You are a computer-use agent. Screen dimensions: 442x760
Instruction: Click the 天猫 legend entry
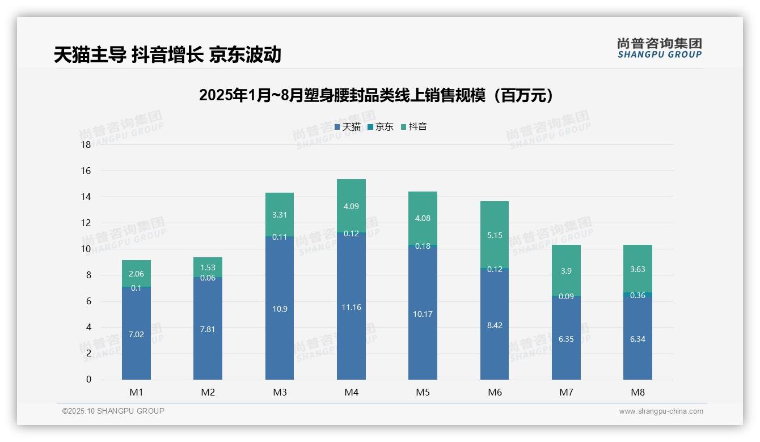pyautogui.click(x=347, y=127)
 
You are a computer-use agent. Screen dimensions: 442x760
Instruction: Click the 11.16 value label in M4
pyautogui.click(x=351, y=307)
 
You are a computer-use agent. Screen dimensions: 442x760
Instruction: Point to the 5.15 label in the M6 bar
pyautogui.click(x=495, y=235)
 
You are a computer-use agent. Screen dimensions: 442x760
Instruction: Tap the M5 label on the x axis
pyautogui.click(x=423, y=392)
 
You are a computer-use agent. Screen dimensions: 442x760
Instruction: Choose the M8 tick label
pyautogui.click(x=637, y=392)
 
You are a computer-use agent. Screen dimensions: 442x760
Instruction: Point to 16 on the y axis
pyautogui.click(x=86, y=171)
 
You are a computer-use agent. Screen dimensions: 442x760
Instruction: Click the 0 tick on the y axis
pyautogui.click(x=88, y=380)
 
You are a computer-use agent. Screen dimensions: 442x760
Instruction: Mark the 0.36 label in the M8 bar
pyautogui.click(x=637, y=295)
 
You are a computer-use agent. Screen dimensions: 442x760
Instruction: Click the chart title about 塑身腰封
pyautogui.click(x=376, y=95)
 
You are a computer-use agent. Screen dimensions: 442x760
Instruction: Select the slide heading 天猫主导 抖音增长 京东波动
pyautogui.click(x=167, y=54)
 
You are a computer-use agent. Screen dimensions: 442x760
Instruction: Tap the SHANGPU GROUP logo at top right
pyautogui.click(x=659, y=48)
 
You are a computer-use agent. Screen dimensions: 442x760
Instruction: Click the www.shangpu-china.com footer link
pyautogui.click(x=661, y=411)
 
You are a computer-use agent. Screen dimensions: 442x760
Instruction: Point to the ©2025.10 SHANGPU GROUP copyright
pyautogui.click(x=113, y=411)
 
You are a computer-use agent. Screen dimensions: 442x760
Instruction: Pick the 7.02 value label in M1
pyautogui.click(x=136, y=334)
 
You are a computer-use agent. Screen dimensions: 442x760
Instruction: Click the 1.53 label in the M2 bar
pyautogui.click(x=208, y=267)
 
